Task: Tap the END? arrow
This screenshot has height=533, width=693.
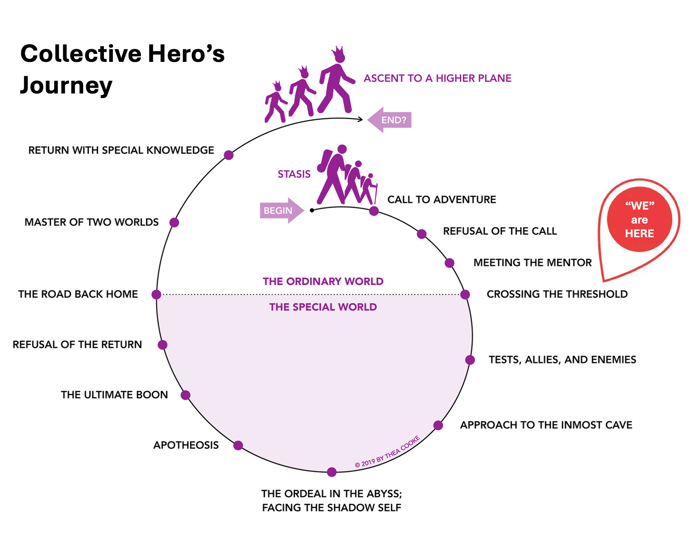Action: coord(390,120)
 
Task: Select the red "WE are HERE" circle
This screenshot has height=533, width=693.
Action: coord(639,220)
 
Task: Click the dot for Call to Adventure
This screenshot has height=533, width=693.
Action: coord(374,211)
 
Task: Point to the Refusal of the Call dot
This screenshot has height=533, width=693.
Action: coord(421,234)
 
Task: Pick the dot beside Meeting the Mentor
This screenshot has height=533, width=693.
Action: coord(450,263)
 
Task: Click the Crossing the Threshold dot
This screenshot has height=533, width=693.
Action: coord(465,295)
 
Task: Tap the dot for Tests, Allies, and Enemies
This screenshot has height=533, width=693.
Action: coord(470,360)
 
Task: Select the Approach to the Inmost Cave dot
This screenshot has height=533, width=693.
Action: coord(438,425)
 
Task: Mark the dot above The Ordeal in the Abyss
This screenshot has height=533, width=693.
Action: coord(332,472)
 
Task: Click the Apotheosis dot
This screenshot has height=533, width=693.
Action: coord(238,445)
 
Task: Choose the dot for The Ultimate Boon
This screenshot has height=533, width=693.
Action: coord(185,395)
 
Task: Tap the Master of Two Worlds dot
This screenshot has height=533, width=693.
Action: coord(174,222)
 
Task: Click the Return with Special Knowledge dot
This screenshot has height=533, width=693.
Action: coord(229,155)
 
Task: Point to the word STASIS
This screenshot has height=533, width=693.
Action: coord(294,174)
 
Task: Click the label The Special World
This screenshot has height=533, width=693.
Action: coord(323,307)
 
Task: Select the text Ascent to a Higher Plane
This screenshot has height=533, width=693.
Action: coord(437,79)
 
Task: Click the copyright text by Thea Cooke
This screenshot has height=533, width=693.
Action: coord(387,452)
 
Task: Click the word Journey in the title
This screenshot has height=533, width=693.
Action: coord(66,85)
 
